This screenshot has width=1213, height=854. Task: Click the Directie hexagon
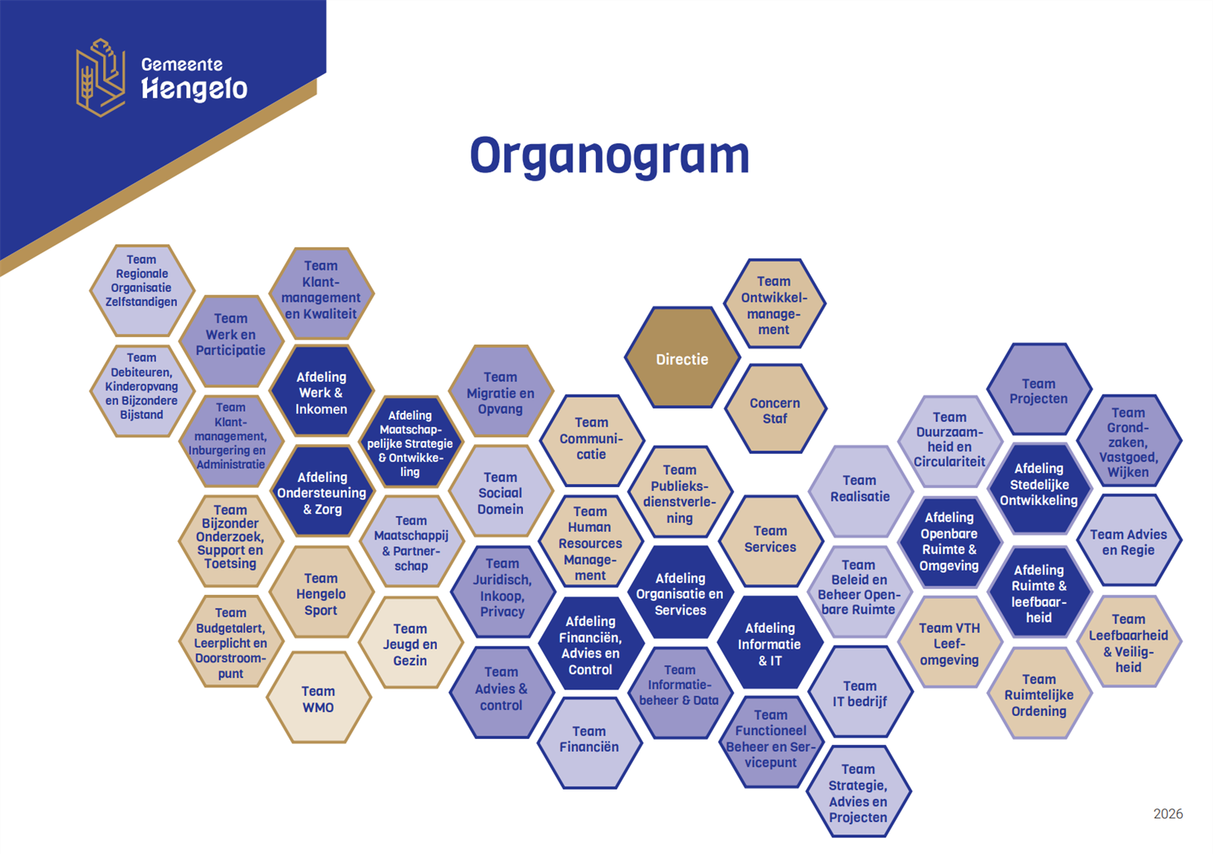[x=682, y=358]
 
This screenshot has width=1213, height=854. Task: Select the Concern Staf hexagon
[x=775, y=409]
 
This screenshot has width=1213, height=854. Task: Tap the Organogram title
[x=610, y=157]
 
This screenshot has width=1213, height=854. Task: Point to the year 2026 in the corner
[x=1168, y=814]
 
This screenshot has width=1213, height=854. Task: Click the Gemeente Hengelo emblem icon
[x=101, y=77]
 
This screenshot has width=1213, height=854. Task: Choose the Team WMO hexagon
[x=318, y=698]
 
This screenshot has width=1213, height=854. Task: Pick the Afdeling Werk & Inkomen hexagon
[x=321, y=392]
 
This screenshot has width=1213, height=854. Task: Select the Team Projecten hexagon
[x=1039, y=389]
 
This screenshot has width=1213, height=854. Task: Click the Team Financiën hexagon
[x=589, y=743]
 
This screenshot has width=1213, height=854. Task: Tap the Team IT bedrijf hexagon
[x=860, y=693]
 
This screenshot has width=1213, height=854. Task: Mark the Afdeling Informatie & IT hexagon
[x=770, y=643]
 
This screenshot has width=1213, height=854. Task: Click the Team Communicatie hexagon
[x=591, y=440]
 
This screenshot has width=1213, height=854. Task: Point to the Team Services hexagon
[x=770, y=541]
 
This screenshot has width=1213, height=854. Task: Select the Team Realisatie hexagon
[x=860, y=491]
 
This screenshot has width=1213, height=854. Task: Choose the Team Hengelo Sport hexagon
[x=321, y=593]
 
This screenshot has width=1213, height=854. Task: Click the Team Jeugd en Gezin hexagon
[x=410, y=643]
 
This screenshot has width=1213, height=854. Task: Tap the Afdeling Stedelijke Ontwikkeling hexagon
[x=1039, y=488]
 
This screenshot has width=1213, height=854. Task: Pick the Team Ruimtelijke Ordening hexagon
[x=1039, y=693]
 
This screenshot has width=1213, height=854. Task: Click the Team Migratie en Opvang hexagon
[x=501, y=392]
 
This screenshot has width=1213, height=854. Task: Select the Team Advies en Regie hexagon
[x=1129, y=540]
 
